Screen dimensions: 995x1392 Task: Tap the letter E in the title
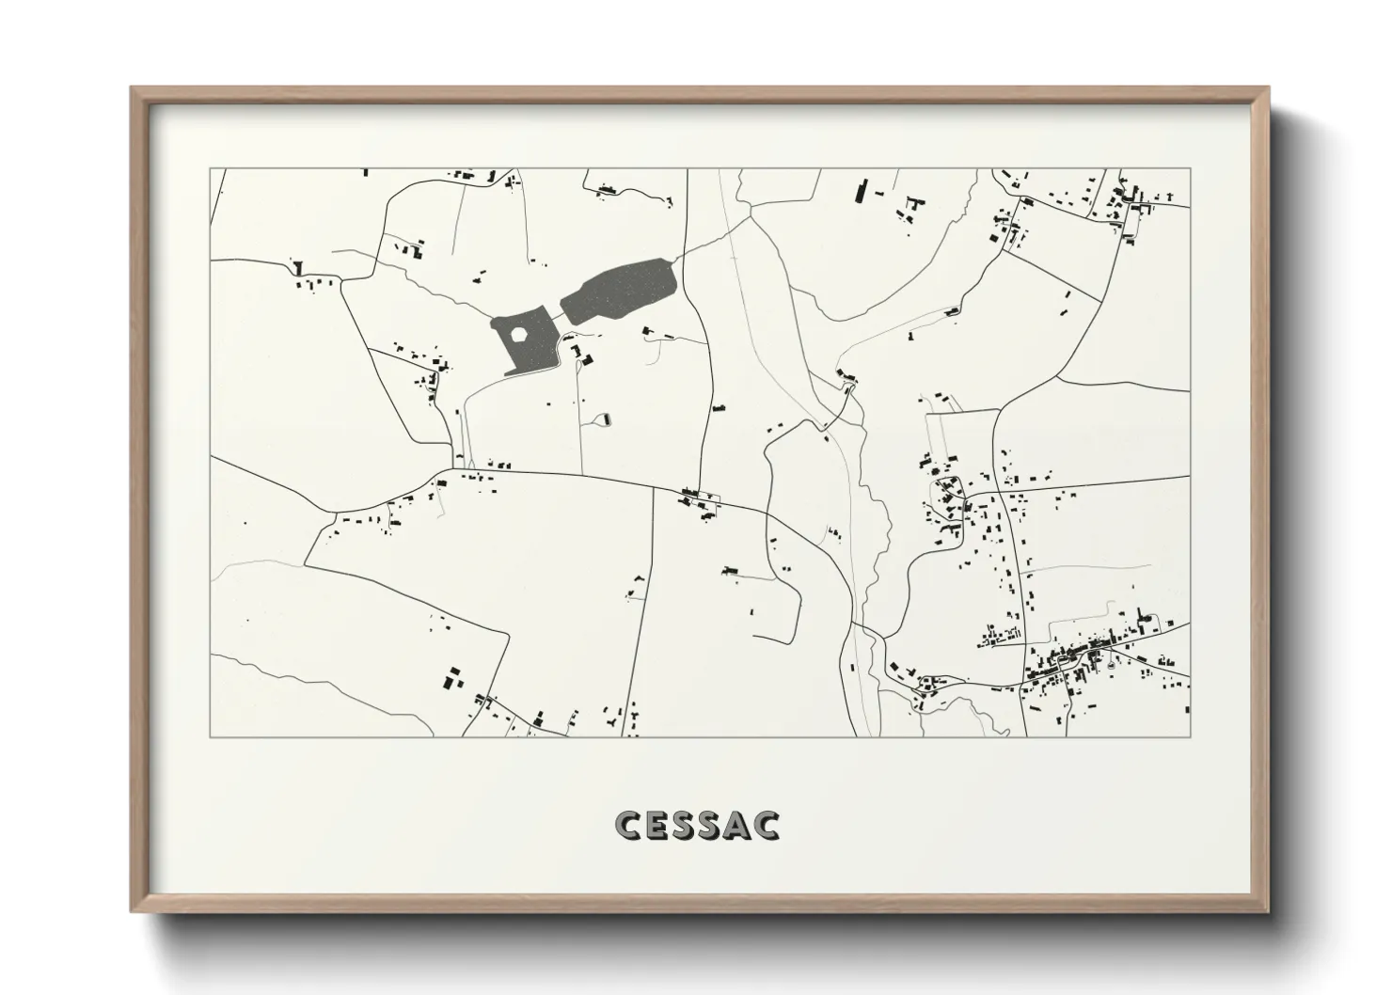[x=659, y=825]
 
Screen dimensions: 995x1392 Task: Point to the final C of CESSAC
[x=767, y=825]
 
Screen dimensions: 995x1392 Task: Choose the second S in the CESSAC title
[x=713, y=825]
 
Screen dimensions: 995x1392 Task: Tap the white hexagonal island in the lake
[x=517, y=334]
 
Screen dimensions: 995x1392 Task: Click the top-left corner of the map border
[x=210, y=169]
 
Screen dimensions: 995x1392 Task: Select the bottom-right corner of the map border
[x=1190, y=736]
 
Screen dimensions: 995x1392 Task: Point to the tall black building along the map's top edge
[x=859, y=191]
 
